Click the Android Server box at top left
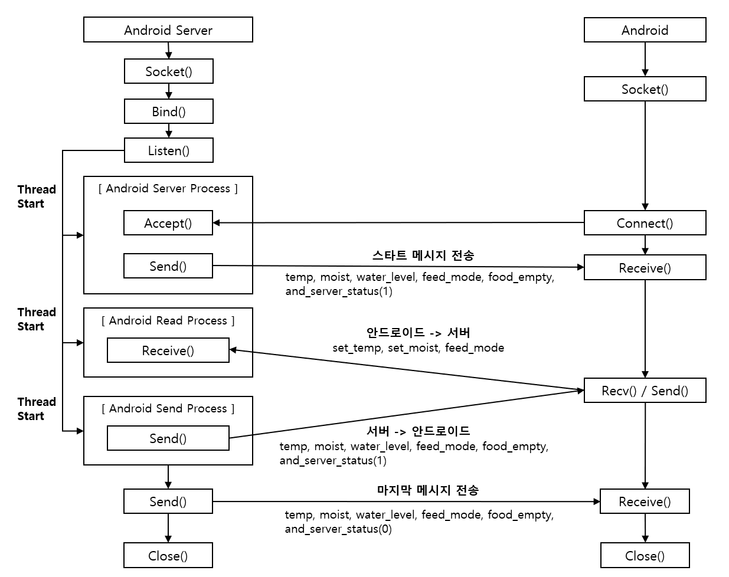(168, 30)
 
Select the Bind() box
(169, 112)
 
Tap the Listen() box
(169, 150)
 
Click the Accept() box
(168, 223)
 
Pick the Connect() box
(645, 223)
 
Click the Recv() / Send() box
(645, 391)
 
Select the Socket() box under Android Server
(169, 71)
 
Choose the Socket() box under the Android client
(645, 89)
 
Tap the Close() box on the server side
(168, 556)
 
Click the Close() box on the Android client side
(645, 556)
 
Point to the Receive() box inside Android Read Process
(168, 350)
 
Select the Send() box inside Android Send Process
(168, 438)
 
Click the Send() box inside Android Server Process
(168, 266)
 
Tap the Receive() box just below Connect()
(645, 268)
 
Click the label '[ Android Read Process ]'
(168, 320)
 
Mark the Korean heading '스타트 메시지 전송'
(423, 255)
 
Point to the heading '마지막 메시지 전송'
(427, 490)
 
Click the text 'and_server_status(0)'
(338, 529)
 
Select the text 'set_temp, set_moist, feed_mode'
(418, 347)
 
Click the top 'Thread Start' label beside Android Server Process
(37, 196)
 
